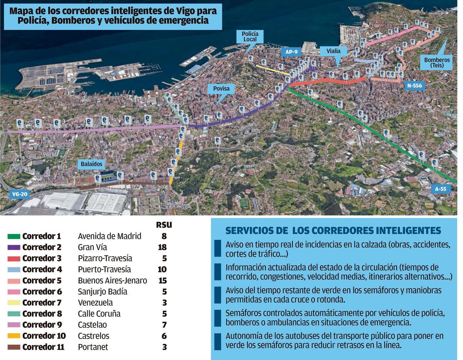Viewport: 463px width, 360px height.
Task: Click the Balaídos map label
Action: (x=92, y=164)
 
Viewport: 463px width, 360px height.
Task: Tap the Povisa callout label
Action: (x=221, y=89)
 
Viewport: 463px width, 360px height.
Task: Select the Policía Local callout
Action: (x=250, y=37)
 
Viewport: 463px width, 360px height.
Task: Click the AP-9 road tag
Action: (x=291, y=52)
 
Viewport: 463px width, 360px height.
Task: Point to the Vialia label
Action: (x=333, y=51)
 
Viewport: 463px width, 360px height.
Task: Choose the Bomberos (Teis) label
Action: (x=437, y=62)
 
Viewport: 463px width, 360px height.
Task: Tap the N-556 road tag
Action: (x=415, y=86)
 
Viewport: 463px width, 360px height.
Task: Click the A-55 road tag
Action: (x=440, y=189)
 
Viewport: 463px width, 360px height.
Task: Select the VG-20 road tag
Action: (x=20, y=194)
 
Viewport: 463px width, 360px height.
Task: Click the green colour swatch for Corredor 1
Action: (x=14, y=236)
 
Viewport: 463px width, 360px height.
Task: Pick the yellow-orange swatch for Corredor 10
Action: (x=14, y=336)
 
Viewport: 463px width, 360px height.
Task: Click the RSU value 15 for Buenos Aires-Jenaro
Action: (x=162, y=281)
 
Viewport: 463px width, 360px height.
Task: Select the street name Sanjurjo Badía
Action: (x=102, y=292)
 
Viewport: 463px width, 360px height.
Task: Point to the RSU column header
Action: (x=164, y=225)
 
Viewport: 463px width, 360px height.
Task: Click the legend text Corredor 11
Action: (x=43, y=347)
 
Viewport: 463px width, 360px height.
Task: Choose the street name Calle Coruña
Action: (x=99, y=314)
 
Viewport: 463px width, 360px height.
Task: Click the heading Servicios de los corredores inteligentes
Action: (x=333, y=230)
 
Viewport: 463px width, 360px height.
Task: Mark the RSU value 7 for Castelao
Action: (x=164, y=325)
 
